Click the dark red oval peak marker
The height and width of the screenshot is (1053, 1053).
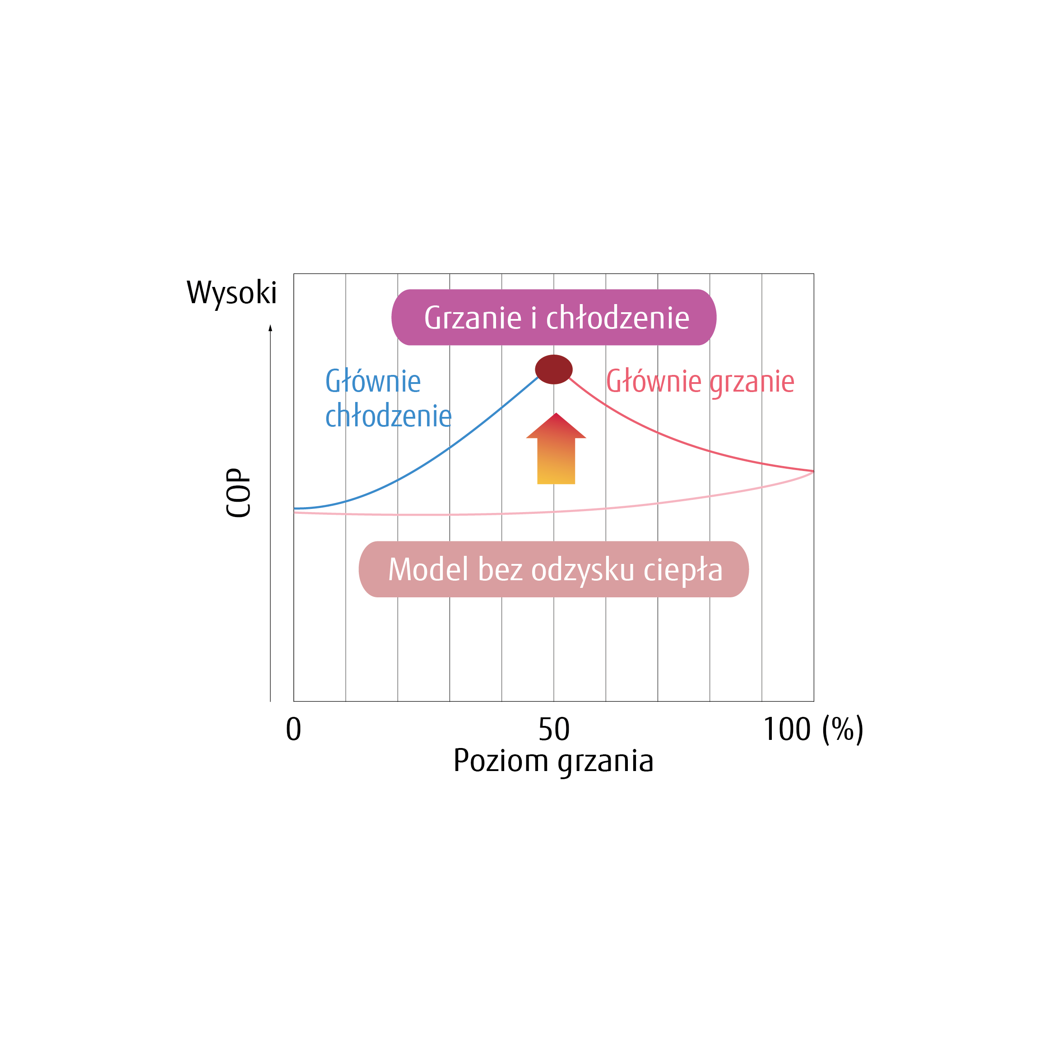[553, 369]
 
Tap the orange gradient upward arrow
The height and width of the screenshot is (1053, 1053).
[556, 448]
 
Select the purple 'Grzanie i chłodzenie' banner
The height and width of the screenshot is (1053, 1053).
[553, 317]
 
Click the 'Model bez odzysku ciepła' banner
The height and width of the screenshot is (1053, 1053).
[553, 569]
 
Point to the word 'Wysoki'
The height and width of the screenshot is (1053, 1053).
[232, 293]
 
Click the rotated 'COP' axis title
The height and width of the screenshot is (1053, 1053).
[238, 493]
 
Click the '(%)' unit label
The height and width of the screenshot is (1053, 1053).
[843, 730]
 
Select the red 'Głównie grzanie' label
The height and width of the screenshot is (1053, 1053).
[700, 382]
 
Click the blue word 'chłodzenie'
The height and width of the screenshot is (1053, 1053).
[388, 416]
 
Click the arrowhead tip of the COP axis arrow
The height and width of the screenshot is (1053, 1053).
[270, 325]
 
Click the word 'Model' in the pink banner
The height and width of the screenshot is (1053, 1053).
[428, 569]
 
